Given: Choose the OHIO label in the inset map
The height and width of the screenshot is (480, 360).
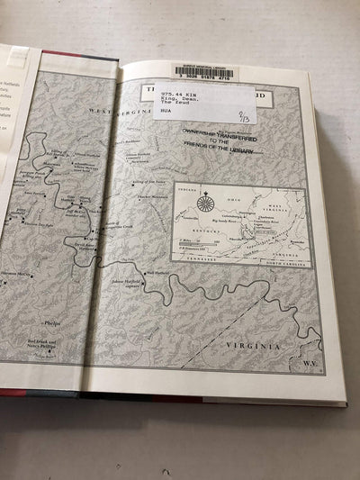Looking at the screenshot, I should point(230,192).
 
